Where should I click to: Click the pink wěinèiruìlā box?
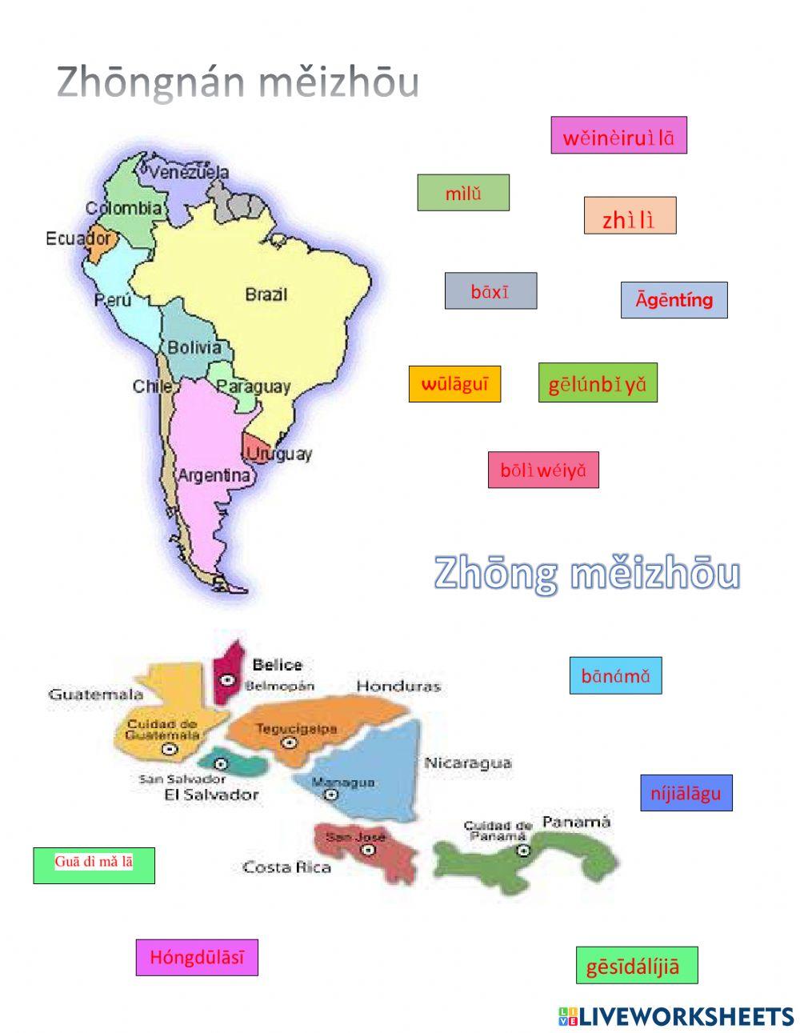[618, 135]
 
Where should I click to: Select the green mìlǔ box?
[463, 193]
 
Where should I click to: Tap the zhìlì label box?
[630, 215]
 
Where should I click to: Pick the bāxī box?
[490, 291]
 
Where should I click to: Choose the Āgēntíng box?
[674, 300]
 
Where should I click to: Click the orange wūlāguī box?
[454, 384]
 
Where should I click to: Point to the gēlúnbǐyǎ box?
[598, 382]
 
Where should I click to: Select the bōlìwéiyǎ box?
[543, 470]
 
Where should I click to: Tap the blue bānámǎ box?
[615, 675]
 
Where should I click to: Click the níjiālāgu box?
[686, 793]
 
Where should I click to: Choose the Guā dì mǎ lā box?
[94, 865]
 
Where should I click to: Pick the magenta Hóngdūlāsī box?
[197, 957]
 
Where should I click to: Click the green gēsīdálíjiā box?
[637, 965]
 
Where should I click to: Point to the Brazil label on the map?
[266, 294]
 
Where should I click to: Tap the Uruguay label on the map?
[279, 454]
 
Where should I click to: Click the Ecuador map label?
[78, 238]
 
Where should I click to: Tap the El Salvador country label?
[211, 795]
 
